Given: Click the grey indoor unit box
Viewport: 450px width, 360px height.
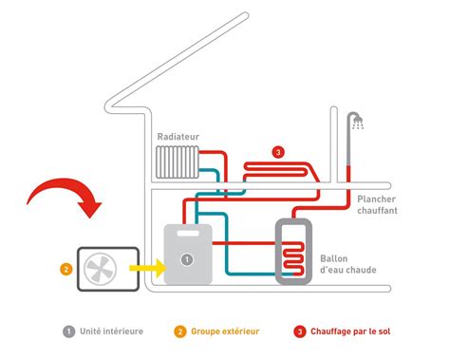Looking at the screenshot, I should pos(190,255).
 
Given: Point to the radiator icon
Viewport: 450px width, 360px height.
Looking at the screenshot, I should pos(178,165).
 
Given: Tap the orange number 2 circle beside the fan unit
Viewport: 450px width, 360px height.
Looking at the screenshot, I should pos(66,268).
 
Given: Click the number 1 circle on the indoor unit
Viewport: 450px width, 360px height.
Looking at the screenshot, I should pos(187,258).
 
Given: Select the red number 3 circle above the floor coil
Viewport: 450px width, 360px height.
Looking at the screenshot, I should pos(277,151).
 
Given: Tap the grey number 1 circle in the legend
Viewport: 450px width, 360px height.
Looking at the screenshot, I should pos(68,332).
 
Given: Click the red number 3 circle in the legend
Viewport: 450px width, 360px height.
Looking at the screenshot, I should pos(301,332).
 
